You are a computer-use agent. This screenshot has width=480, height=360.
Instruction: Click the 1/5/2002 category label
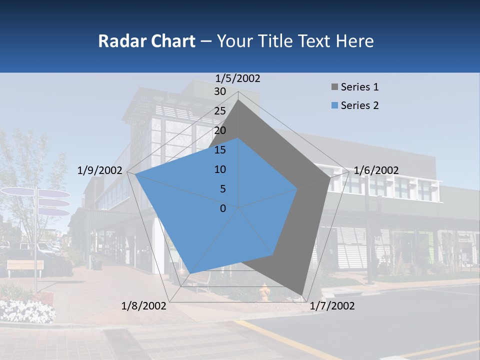(x=238, y=78)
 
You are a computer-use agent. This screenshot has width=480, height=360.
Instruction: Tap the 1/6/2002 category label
(x=376, y=170)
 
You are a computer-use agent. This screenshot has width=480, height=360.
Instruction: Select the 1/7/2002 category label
(x=332, y=306)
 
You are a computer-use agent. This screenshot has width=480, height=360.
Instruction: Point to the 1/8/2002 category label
(x=144, y=306)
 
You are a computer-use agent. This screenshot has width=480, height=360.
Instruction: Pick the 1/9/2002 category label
(x=100, y=170)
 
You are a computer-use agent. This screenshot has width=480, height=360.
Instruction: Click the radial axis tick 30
(x=220, y=91)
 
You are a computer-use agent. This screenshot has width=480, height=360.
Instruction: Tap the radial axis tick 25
(x=220, y=111)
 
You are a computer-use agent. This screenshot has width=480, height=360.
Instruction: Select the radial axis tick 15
(x=220, y=150)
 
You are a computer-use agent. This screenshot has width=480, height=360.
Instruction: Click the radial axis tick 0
(x=223, y=208)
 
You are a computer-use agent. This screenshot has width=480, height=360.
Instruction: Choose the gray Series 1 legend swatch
(x=334, y=87)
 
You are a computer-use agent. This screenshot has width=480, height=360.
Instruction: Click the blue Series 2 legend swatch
(x=334, y=105)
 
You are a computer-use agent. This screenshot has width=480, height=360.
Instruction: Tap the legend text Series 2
(x=359, y=105)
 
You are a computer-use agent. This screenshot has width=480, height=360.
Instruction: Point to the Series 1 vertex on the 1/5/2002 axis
(x=238, y=100)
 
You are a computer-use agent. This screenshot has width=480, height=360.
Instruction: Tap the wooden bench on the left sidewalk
(x=25, y=265)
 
